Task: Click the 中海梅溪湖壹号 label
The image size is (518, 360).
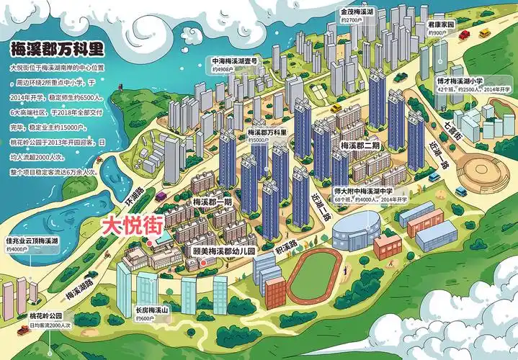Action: (x=238, y=61)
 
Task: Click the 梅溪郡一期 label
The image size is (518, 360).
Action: (x=213, y=202)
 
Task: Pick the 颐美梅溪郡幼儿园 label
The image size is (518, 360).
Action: (x=225, y=252)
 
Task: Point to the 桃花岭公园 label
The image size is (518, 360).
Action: (x=46, y=316)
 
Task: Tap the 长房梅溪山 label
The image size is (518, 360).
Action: (x=151, y=310)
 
